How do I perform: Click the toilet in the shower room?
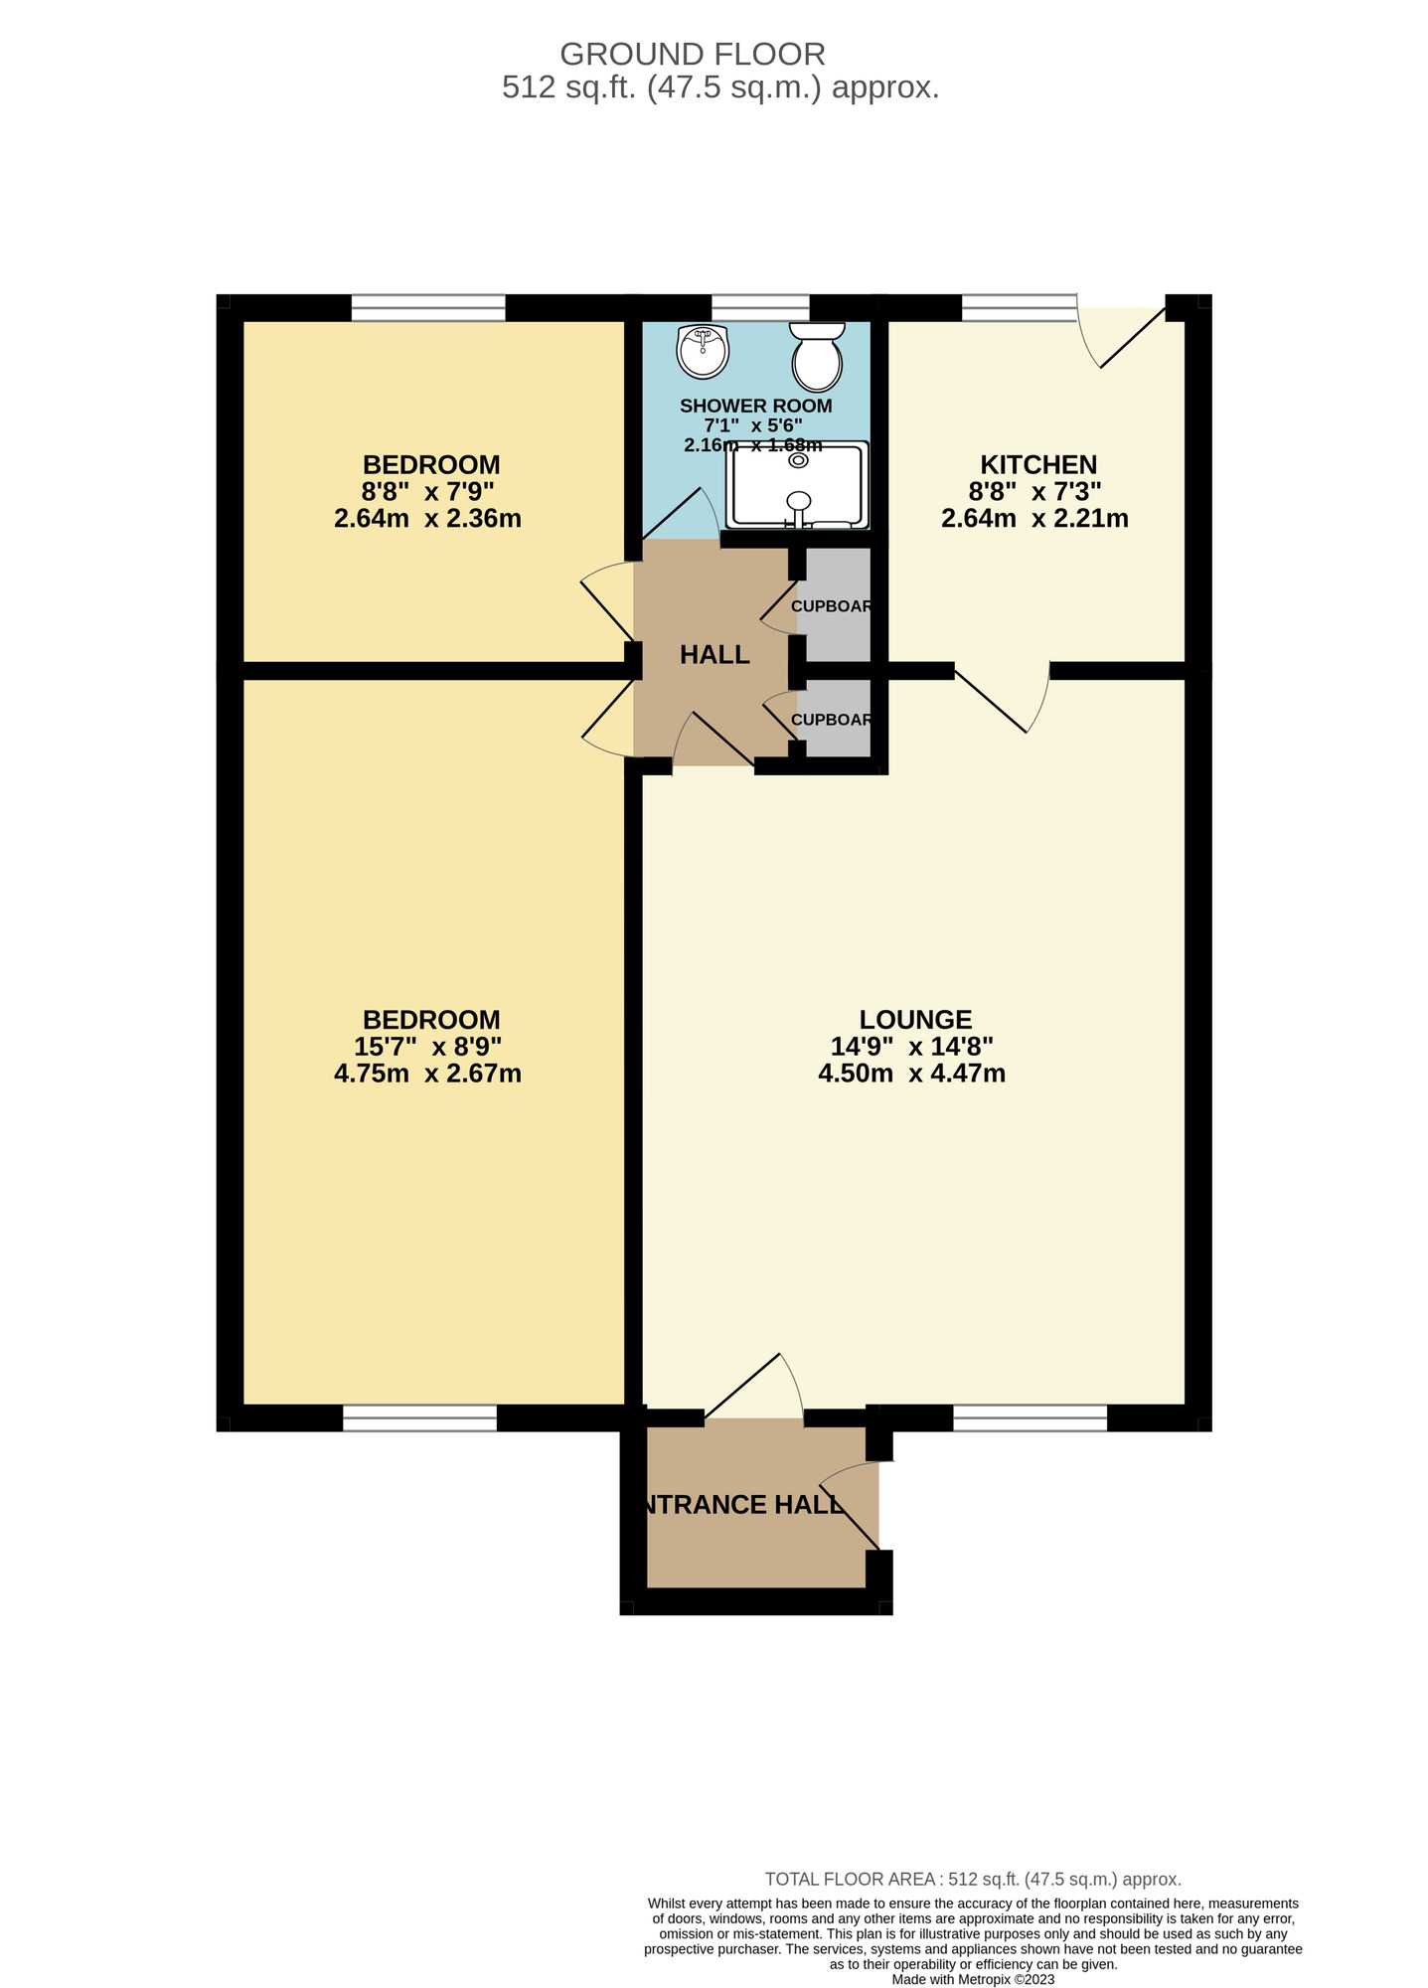817,357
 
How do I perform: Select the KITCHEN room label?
1037,464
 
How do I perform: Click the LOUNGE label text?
915,1019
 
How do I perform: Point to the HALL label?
714,654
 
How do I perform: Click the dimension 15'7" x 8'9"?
427,1046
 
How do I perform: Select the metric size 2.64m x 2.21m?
1033,518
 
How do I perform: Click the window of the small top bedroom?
428,308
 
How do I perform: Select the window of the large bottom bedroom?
419,1417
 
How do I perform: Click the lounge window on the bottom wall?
1030,1417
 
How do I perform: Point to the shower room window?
760,308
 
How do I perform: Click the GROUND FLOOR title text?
693,54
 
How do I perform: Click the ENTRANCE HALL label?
741,1505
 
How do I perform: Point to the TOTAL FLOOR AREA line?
972,1879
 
